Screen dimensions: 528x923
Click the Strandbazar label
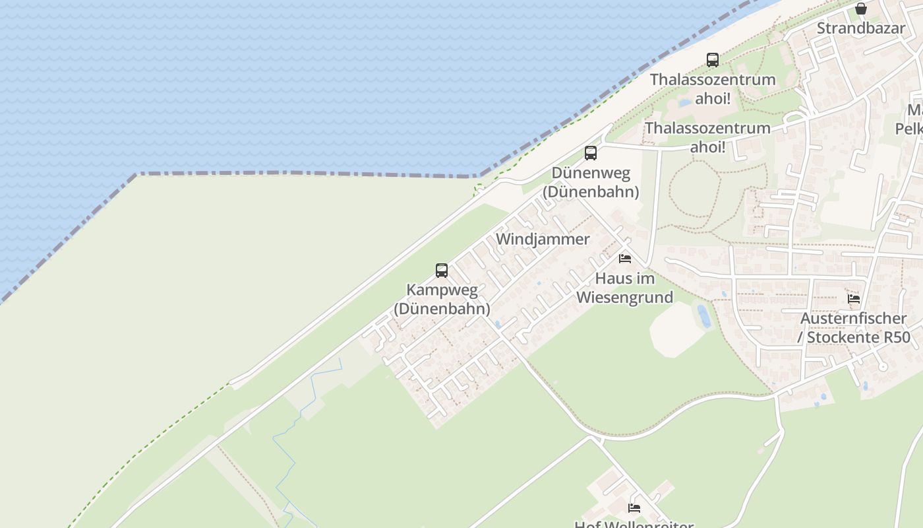click(860, 28)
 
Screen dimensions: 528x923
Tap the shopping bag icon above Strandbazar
click(860, 9)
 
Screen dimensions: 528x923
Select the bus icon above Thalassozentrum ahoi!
click(713, 60)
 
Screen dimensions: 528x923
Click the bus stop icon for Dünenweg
click(591, 153)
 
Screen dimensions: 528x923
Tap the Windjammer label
click(543, 239)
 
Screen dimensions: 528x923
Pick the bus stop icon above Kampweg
click(442, 270)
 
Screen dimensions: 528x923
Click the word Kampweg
click(442, 290)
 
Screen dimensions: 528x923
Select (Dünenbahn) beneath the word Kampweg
click(442, 308)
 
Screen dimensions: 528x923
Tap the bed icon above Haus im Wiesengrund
click(625, 258)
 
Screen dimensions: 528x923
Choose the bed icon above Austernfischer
click(854, 298)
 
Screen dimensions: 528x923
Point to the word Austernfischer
click(853, 318)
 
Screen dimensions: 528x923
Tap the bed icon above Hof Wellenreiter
click(634, 508)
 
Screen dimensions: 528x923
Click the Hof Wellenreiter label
click(634, 525)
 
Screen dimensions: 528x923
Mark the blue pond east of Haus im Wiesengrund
click(704, 315)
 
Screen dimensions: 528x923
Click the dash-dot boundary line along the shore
click(303, 174)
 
